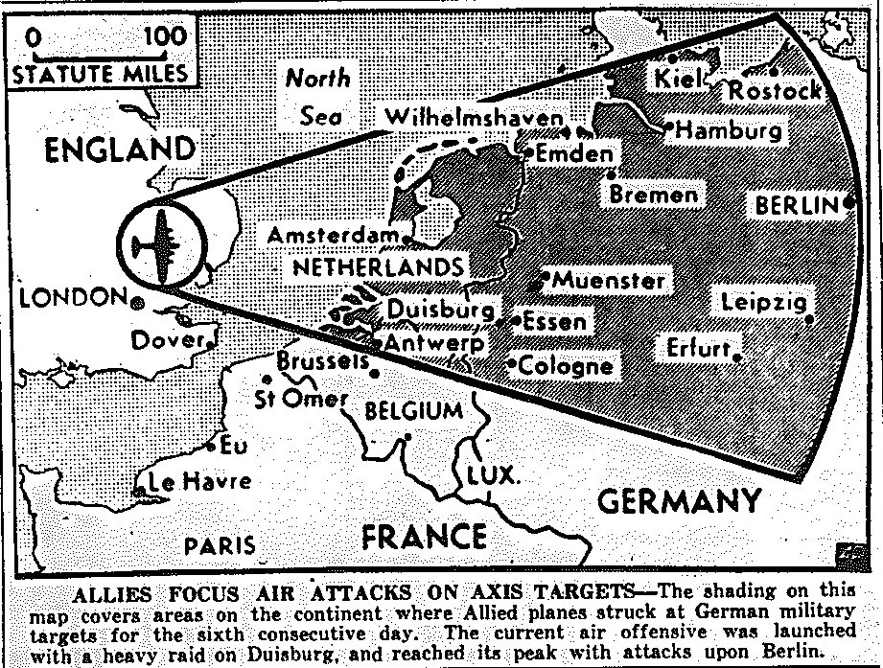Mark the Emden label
(x=573, y=153)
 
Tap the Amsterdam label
(x=333, y=235)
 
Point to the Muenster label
(x=609, y=281)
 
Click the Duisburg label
(x=442, y=310)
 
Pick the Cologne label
(x=567, y=366)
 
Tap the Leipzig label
(x=768, y=303)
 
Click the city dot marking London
(x=137, y=302)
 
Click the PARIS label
(x=221, y=546)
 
